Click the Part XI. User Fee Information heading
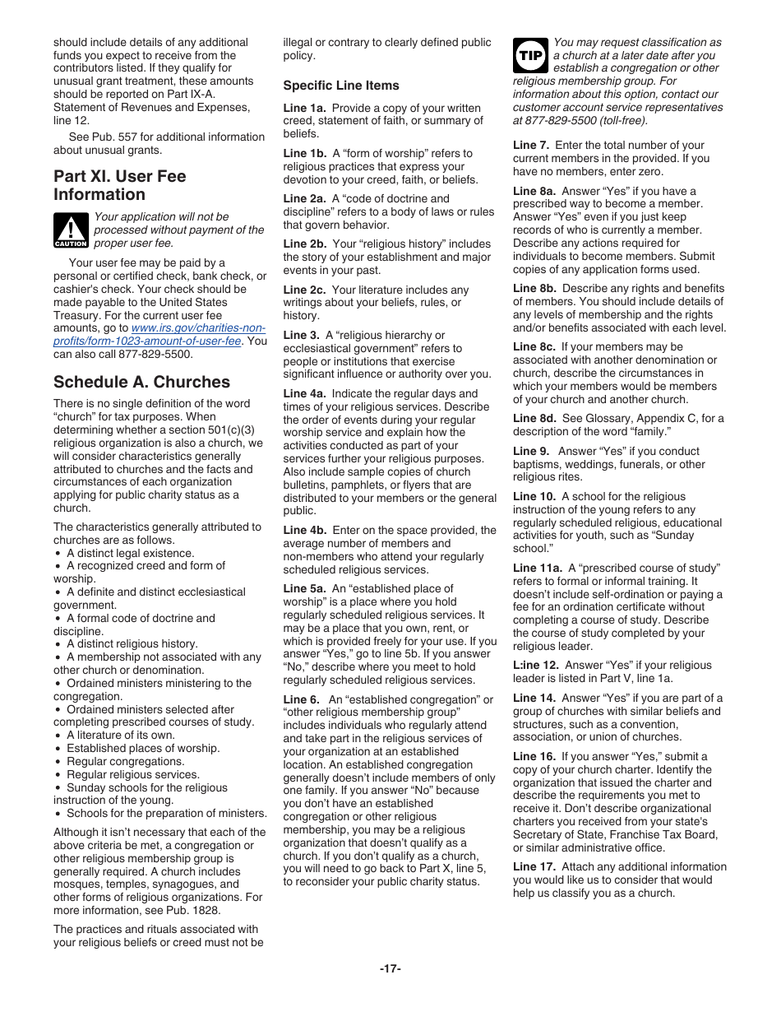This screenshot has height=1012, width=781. coord(119,185)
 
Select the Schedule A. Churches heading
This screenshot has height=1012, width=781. coord(141,382)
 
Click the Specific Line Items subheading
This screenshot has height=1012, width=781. coord(341,86)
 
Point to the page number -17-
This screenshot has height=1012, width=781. coord(390,968)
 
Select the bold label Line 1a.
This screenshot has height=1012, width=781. coord(304,108)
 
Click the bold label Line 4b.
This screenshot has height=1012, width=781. coord(305,531)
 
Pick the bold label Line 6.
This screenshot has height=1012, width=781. coord(301,699)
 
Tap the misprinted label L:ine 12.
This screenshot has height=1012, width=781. coord(535,666)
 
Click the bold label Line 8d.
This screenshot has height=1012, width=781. coord(534,419)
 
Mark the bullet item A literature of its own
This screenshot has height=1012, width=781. coord(120,736)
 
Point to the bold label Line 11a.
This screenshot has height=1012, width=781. coord(538,569)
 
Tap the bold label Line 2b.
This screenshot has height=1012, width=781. coord(305,244)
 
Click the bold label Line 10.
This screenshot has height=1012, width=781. coord(534,497)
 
